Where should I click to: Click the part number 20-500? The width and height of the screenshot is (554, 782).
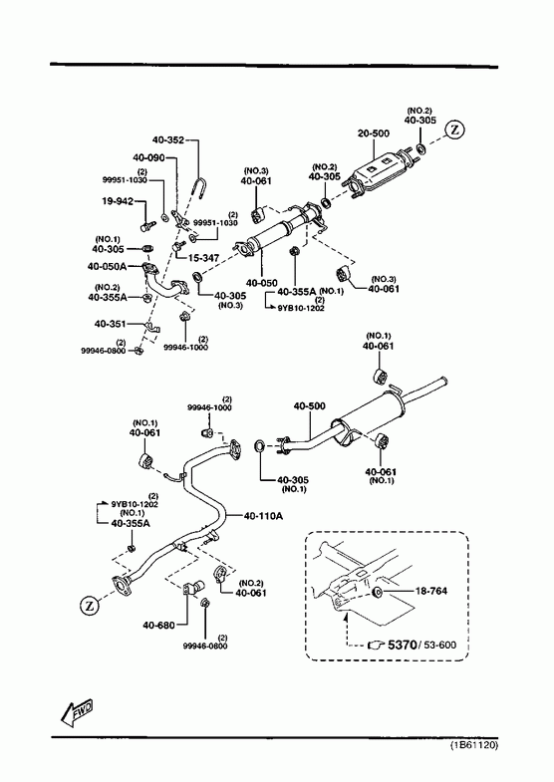(374, 133)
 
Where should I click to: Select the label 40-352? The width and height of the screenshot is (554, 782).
(168, 140)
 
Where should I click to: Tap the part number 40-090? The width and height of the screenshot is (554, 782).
(148, 157)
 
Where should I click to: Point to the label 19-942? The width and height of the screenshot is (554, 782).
(118, 201)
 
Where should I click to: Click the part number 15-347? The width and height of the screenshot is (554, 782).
(204, 258)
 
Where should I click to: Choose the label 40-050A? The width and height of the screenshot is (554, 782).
(108, 266)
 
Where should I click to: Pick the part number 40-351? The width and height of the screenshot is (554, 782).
(111, 324)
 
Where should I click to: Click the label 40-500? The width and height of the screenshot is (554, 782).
(309, 406)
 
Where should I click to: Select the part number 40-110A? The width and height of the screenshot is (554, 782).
(263, 516)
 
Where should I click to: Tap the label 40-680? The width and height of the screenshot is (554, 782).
(158, 626)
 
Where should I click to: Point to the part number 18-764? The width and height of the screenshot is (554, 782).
(431, 591)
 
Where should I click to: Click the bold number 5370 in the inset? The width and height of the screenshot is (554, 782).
(402, 645)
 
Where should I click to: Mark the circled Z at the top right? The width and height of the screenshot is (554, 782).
(454, 130)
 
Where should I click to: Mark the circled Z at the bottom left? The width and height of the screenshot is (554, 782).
(90, 606)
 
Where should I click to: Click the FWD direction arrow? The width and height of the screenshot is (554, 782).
(78, 712)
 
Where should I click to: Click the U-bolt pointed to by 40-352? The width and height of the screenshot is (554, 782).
(198, 187)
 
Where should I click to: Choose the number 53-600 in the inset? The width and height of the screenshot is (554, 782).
(440, 646)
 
